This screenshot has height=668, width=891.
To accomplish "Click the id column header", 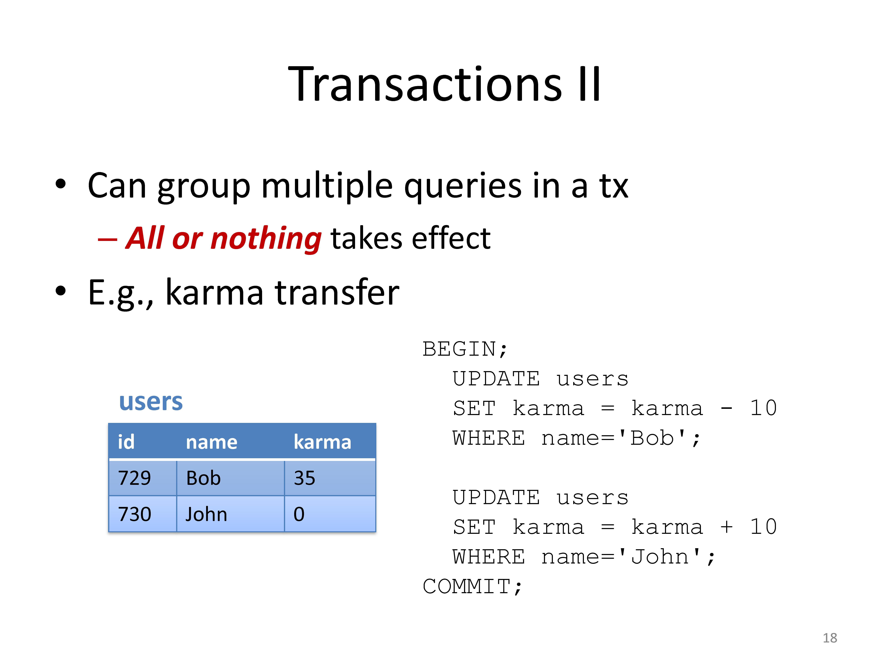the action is (126, 442).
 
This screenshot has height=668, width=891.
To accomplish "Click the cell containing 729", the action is (143, 478).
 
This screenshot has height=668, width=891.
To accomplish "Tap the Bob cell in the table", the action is (230, 478).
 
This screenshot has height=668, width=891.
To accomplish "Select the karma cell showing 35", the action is (330, 478).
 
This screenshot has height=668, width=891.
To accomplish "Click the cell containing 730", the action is (143, 514).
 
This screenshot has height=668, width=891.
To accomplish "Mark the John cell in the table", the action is (230, 514).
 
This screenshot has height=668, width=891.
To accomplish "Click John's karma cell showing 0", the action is (330, 514).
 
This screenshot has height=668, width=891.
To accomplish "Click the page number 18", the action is (830, 638).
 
